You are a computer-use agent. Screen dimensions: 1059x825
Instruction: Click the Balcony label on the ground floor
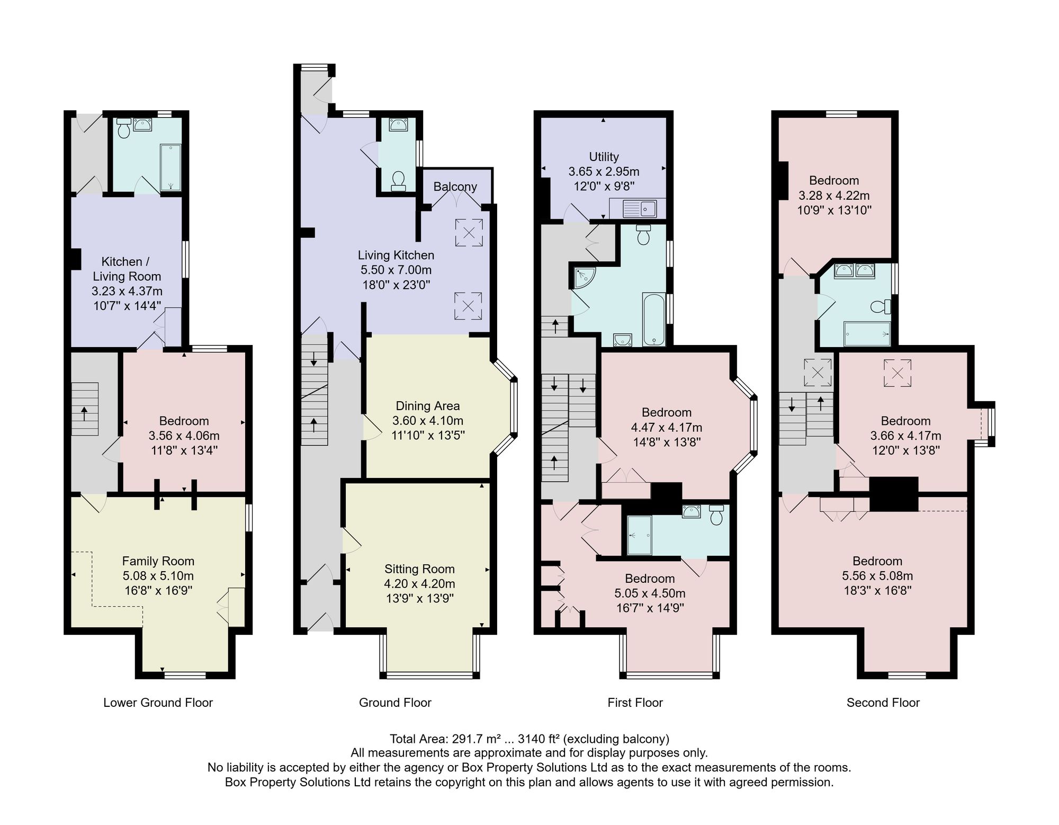point(455,187)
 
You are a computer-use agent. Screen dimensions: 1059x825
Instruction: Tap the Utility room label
point(604,157)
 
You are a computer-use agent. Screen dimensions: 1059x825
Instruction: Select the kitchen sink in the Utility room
point(640,208)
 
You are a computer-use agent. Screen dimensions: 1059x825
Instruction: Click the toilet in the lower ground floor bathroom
point(124,128)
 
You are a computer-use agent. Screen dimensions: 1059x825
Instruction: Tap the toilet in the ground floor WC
point(398,181)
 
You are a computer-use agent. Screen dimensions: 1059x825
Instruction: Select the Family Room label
point(158,561)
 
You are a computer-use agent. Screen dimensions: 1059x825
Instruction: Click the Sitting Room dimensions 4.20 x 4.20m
point(419,584)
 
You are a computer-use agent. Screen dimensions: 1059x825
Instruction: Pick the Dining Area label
point(428,406)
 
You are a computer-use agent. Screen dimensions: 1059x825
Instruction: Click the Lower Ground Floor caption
point(158,703)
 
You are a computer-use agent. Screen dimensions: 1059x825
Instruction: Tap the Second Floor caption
point(883,703)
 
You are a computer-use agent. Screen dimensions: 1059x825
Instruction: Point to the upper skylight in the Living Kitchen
point(469,232)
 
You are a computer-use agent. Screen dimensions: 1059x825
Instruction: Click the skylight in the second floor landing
point(818,372)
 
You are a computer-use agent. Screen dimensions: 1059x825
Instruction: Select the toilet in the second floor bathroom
point(881,307)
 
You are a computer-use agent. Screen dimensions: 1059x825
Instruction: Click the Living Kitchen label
point(396,255)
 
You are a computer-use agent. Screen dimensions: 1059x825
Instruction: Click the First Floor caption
point(635,703)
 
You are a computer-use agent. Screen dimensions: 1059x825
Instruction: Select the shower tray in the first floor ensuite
point(640,535)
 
